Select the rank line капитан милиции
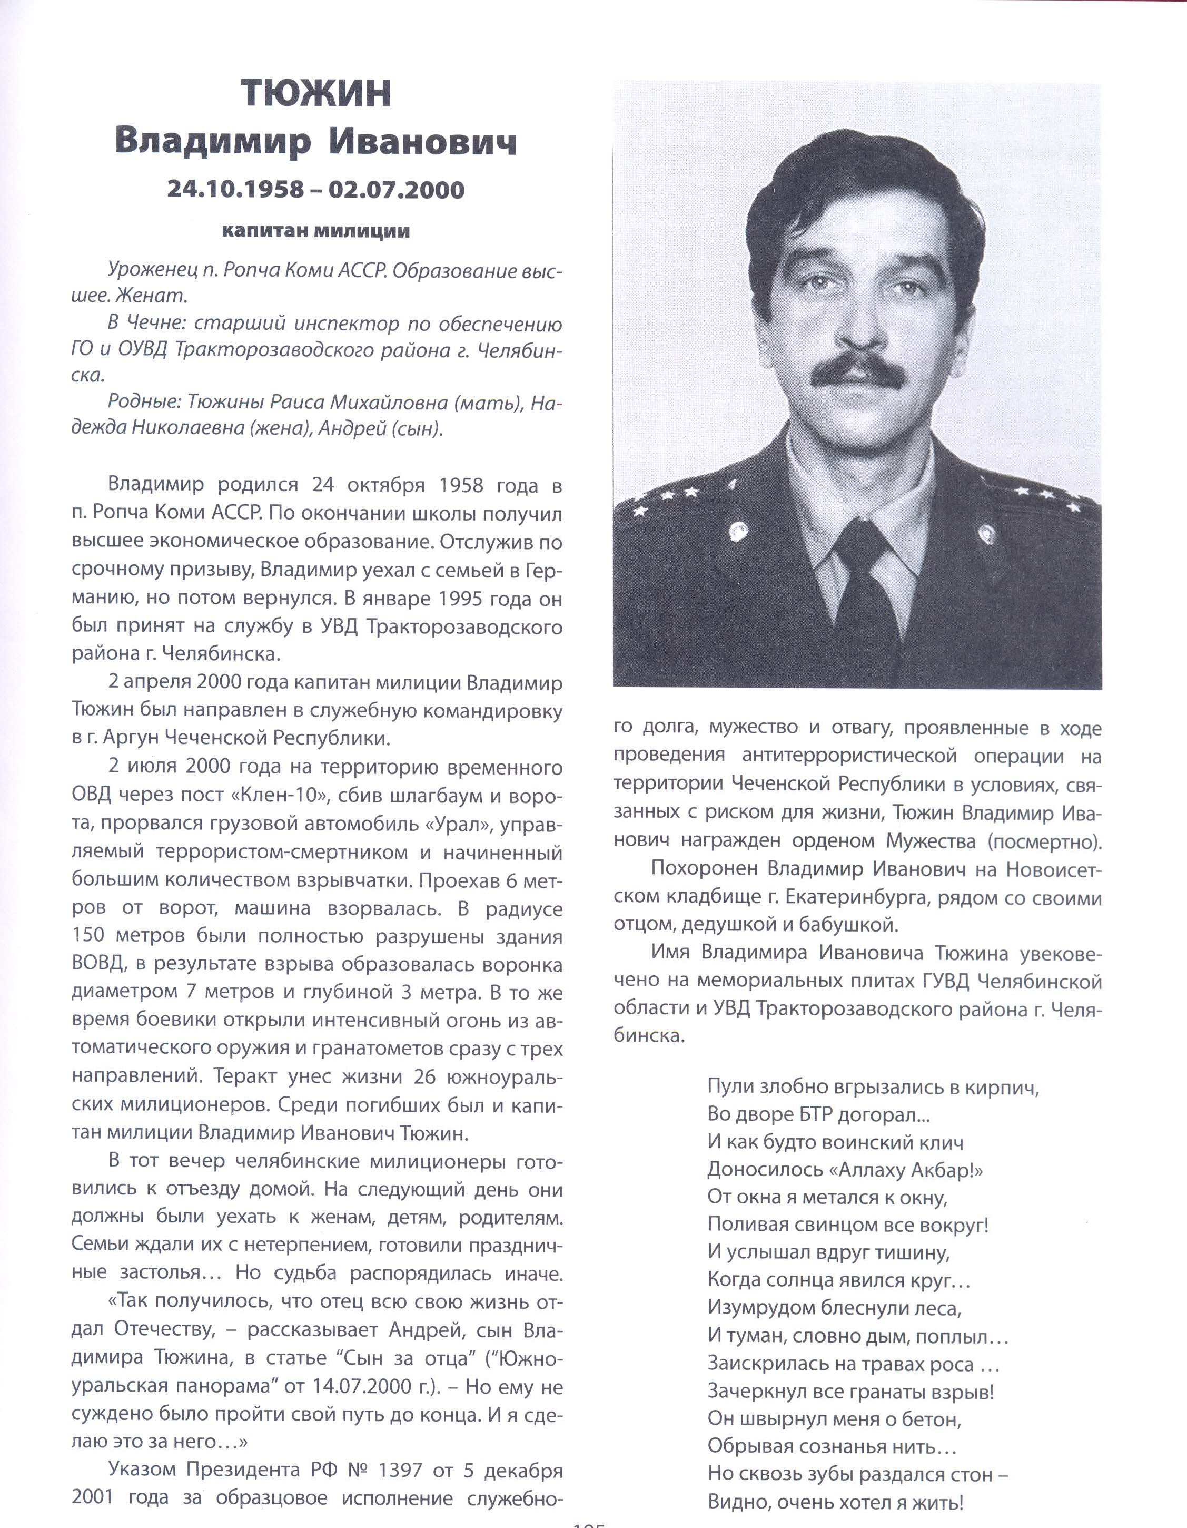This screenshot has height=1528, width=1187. tap(315, 231)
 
